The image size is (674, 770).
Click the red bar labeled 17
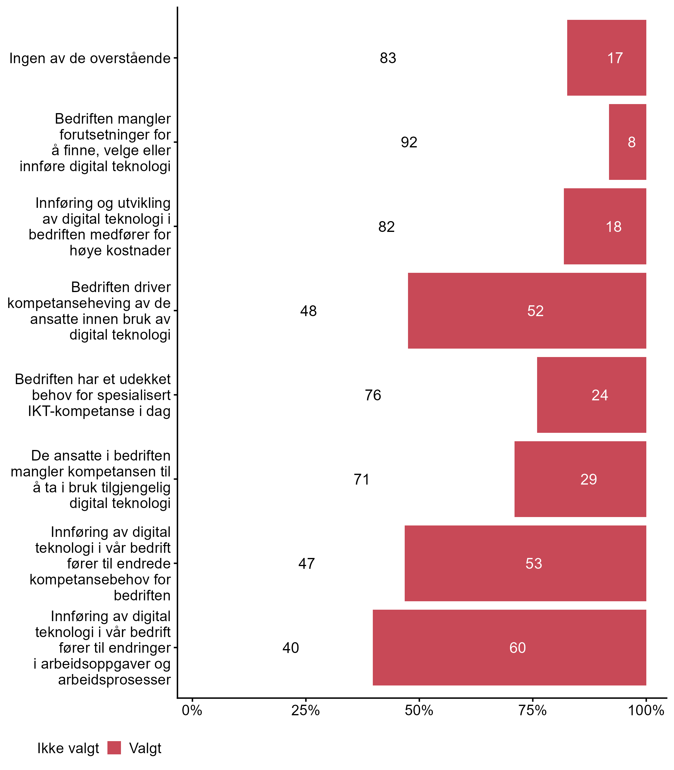click(606, 58)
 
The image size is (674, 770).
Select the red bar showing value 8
click(627, 142)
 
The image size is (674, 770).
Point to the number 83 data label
click(388, 58)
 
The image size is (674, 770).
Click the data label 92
click(409, 143)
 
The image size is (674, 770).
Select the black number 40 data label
click(290, 648)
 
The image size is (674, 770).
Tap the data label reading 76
click(373, 395)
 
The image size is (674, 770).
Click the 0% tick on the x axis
click(192, 710)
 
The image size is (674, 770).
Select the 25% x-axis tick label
click(305, 710)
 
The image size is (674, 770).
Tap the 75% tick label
click(532, 710)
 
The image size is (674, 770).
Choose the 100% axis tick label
click(646, 710)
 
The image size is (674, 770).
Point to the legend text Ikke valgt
click(68, 748)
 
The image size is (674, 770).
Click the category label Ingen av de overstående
click(90, 58)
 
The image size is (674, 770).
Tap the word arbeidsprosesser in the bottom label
click(114, 680)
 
